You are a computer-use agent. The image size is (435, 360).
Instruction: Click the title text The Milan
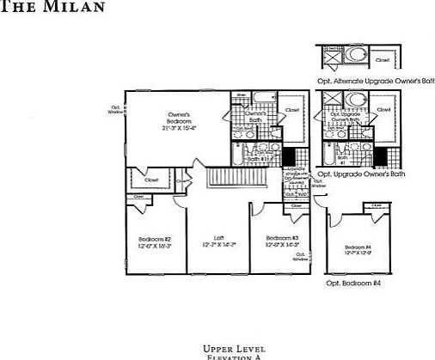click(64, 7)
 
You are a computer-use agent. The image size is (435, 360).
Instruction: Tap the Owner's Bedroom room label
click(178, 118)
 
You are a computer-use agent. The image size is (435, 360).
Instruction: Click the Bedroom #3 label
click(281, 238)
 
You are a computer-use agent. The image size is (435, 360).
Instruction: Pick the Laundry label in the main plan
click(293, 183)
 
